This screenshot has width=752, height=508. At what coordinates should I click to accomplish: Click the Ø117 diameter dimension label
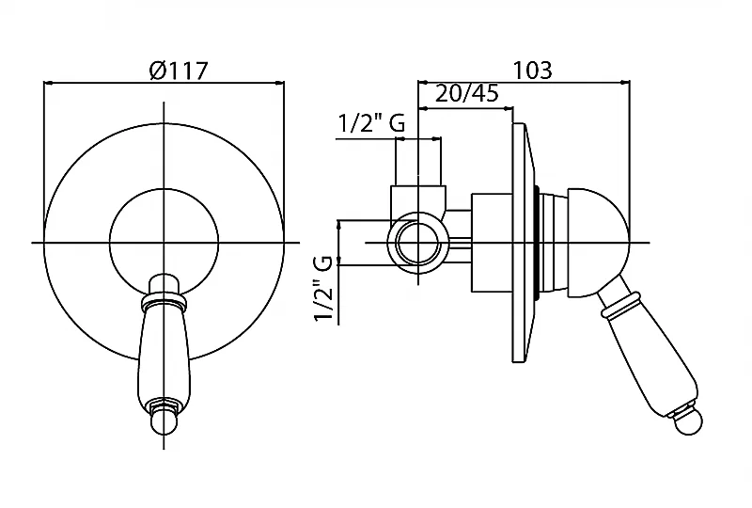coord(178,71)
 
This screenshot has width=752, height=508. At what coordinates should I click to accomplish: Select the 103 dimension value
coord(533,70)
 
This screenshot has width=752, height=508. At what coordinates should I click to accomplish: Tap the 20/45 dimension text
coord(466,93)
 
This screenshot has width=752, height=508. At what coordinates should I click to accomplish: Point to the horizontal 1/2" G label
coord(371,123)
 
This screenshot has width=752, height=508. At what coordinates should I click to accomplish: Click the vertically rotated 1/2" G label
coord(323,289)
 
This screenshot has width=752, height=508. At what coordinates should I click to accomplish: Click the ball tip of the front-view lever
coord(164,422)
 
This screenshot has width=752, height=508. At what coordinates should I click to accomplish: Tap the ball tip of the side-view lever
coord(687,422)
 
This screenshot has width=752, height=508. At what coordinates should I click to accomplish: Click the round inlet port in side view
coord(418,244)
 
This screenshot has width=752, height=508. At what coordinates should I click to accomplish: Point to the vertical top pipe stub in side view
coord(417,161)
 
